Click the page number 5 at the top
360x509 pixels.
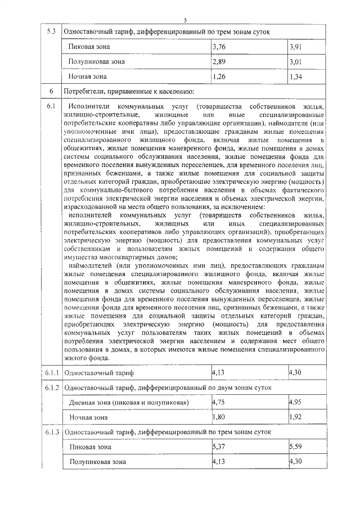184,20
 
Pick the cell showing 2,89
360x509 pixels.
220,61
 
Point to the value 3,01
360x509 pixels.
295,61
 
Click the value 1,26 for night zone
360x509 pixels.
220,76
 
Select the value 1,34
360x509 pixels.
295,76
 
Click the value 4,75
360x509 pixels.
220,403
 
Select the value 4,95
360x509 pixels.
295,403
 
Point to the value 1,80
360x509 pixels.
220,417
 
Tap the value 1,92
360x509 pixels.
295,417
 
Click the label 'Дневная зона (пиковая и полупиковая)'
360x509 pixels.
129,403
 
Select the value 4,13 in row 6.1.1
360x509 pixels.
219,372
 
